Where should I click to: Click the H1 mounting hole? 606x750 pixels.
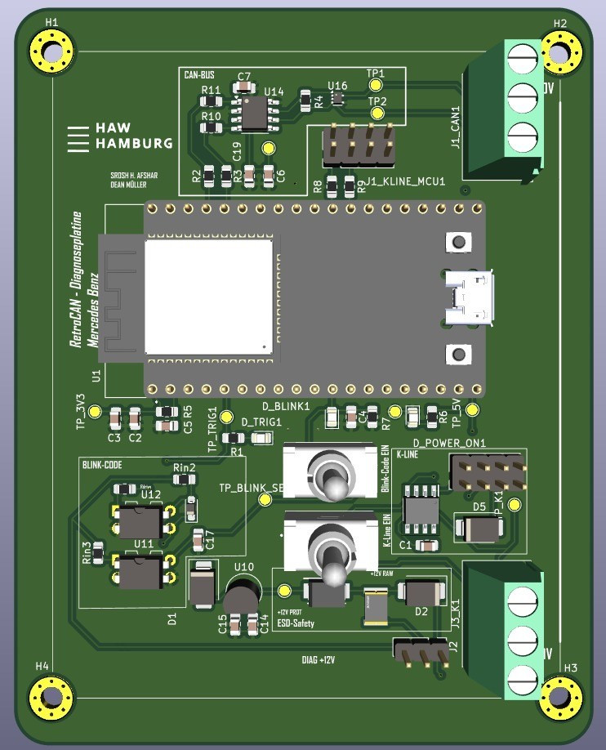pos(51,50)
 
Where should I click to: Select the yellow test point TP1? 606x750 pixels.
pos(377,84)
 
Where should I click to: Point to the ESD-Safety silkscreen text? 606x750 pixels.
pos(296,623)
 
